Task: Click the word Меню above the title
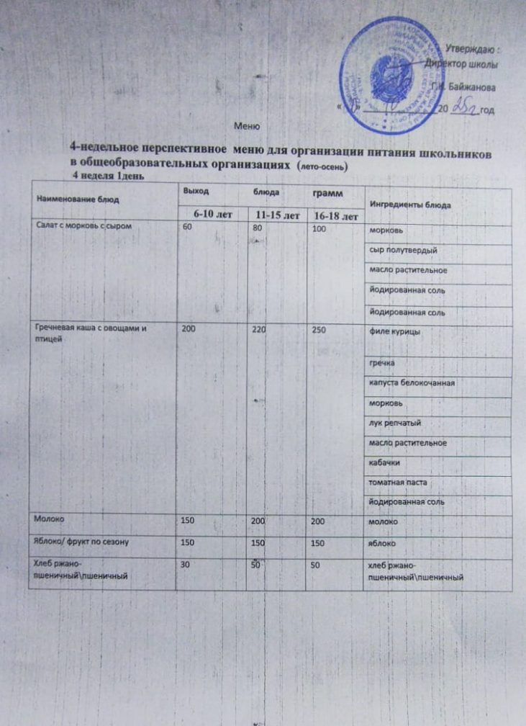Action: point(248,127)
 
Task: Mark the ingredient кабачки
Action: point(384,460)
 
